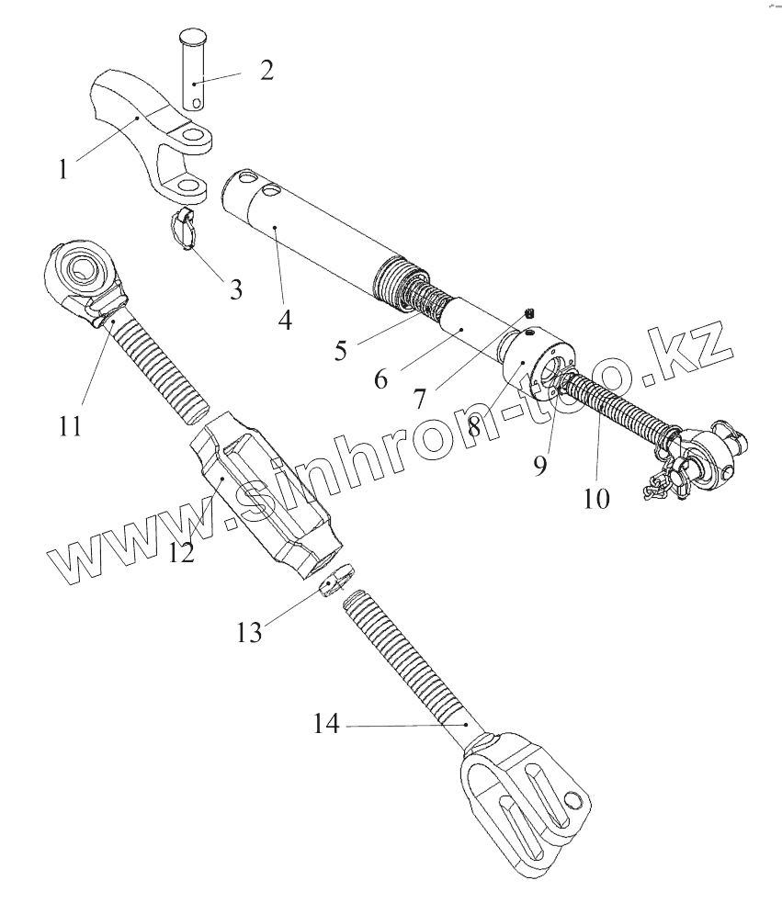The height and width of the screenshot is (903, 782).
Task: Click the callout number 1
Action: click(x=62, y=170)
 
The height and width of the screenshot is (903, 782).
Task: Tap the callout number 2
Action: click(x=266, y=71)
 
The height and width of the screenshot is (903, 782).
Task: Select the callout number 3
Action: click(x=236, y=289)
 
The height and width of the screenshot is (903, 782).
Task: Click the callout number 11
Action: click(x=71, y=426)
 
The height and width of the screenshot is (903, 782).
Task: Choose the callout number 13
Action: click(x=249, y=632)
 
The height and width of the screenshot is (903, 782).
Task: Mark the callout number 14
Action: click(x=325, y=725)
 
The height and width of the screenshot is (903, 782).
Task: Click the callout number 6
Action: click(x=380, y=378)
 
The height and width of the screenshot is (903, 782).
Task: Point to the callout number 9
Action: click(x=539, y=464)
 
